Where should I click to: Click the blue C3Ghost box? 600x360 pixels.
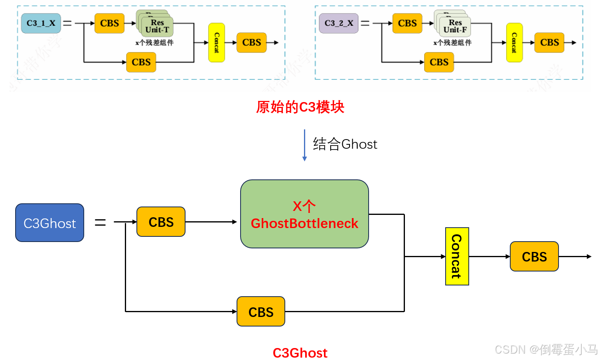tap(49, 223)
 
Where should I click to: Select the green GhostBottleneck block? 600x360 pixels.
tap(304, 214)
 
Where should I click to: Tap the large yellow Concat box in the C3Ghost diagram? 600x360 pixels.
tap(457, 256)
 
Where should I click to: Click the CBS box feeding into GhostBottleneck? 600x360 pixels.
tap(161, 222)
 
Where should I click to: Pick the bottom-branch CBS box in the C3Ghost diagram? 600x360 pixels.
tap(261, 312)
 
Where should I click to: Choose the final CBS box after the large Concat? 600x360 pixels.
tap(534, 257)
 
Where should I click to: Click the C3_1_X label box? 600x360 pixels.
tap(41, 23)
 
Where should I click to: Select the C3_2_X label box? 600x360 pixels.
tap(339, 23)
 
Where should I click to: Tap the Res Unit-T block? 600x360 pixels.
tap(157, 26)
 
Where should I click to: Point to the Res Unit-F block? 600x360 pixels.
tap(455, 26)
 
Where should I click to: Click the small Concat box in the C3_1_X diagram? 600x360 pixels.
tap(217, 43)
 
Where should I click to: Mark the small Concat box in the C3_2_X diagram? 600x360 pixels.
tap(514, 43)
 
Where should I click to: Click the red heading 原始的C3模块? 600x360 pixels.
tap(300, 107)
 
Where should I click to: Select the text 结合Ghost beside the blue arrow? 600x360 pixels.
tap(345, 144)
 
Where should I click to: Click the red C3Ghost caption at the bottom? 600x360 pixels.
tap(300, 353)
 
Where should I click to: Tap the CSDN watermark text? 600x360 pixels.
tap(545, 350)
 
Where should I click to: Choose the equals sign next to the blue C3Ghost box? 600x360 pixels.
tap(100, 222)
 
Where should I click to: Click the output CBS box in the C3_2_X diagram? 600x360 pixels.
tap(549, 43)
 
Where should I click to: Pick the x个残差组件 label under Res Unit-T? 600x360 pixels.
tap(154, 43)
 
